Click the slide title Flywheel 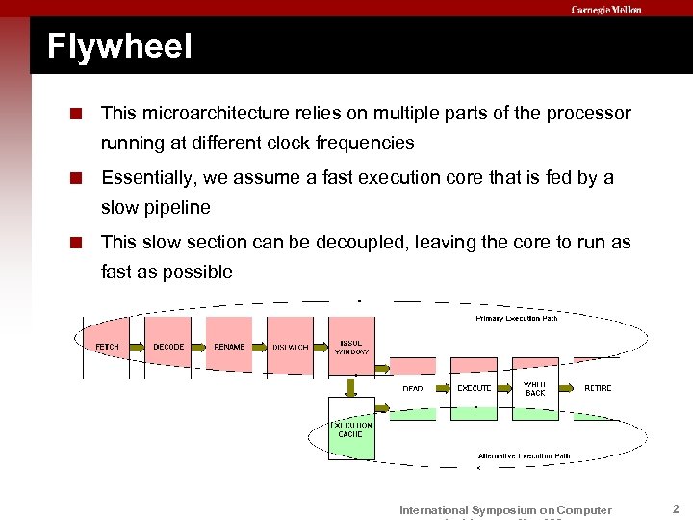click(119, 46)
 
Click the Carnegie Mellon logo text click(605, 10)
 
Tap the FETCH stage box click(108, 347)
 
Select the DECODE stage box click(168, 347)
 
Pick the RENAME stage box click(229, 347)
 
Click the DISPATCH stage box click(291, 347)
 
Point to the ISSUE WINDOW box click(351, 347)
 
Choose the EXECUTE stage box click(474, 388)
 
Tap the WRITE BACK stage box click(535, 388)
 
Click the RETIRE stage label click(598, 388)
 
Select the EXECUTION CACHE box click(351, 429)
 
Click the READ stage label click(413, 388)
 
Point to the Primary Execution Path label click(516, 319)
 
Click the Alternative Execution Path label click(524, 455)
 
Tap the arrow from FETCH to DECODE click(139, 347)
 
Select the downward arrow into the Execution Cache click(351, 385)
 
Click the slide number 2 click(676, 508)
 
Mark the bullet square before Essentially click(88, 178)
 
